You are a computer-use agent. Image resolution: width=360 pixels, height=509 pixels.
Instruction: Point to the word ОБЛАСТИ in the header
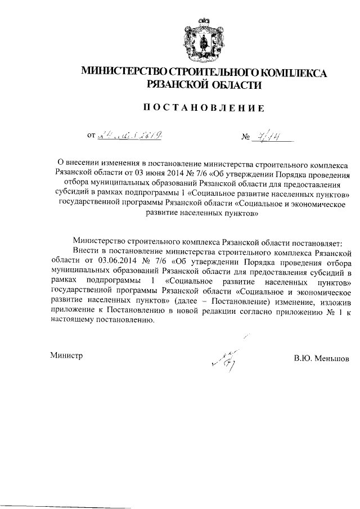[x=233, y=84]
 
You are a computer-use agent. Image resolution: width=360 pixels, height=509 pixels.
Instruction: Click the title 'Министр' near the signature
[x=66, y=355]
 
